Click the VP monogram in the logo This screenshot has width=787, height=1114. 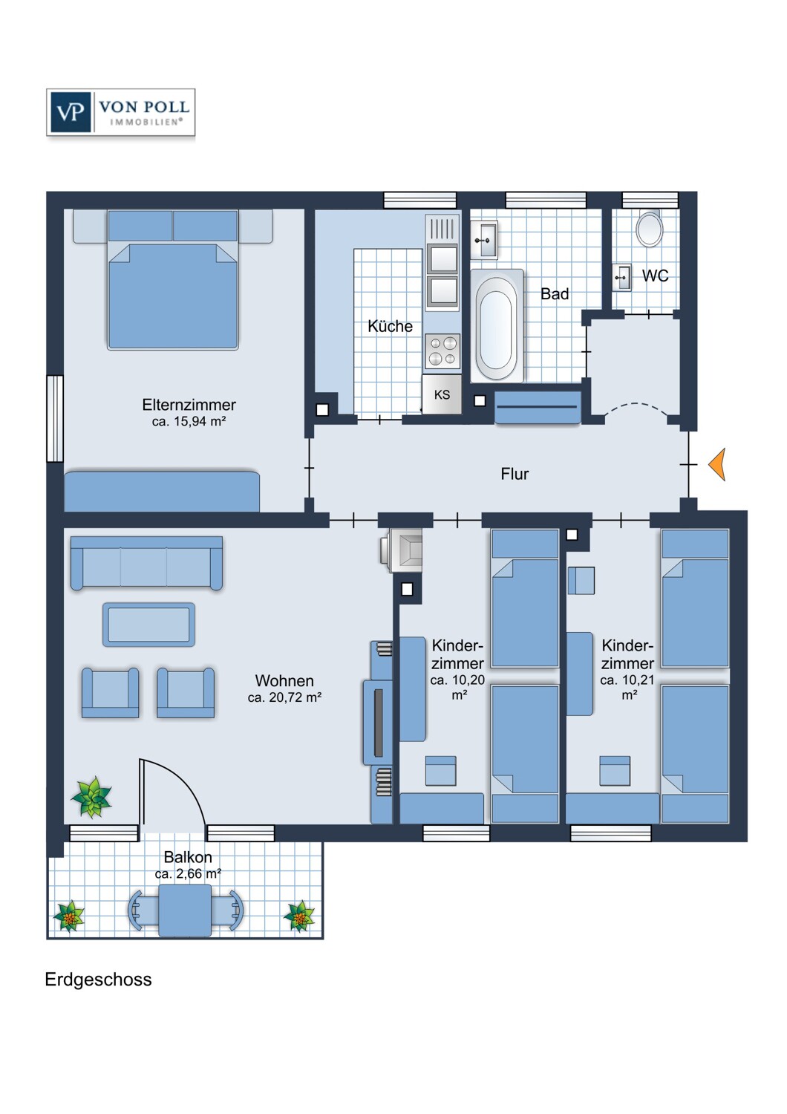pos(70,112)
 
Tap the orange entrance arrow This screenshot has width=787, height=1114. pos(717,464)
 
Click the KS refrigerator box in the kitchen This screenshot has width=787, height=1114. pos(442,394)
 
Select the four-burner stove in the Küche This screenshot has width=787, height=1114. pos(443,351)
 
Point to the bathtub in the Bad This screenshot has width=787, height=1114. pos(497,326)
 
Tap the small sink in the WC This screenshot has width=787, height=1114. pos(621,277)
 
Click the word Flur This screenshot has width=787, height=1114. pos(515,474)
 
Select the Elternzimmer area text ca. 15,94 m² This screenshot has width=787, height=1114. pos(189,422)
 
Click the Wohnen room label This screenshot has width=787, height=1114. pos(284,680)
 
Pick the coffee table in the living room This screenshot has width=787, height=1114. pos(148,625)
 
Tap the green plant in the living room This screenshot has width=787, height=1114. pos(91,797)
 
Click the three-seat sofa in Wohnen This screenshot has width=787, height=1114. pos(147,563)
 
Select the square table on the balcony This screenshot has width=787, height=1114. pos(185,910)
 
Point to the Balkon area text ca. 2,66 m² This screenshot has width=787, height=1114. pos(188,874)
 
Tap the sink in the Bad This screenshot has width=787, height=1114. pos(484,241)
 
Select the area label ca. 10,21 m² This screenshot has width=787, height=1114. pos(627,687)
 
